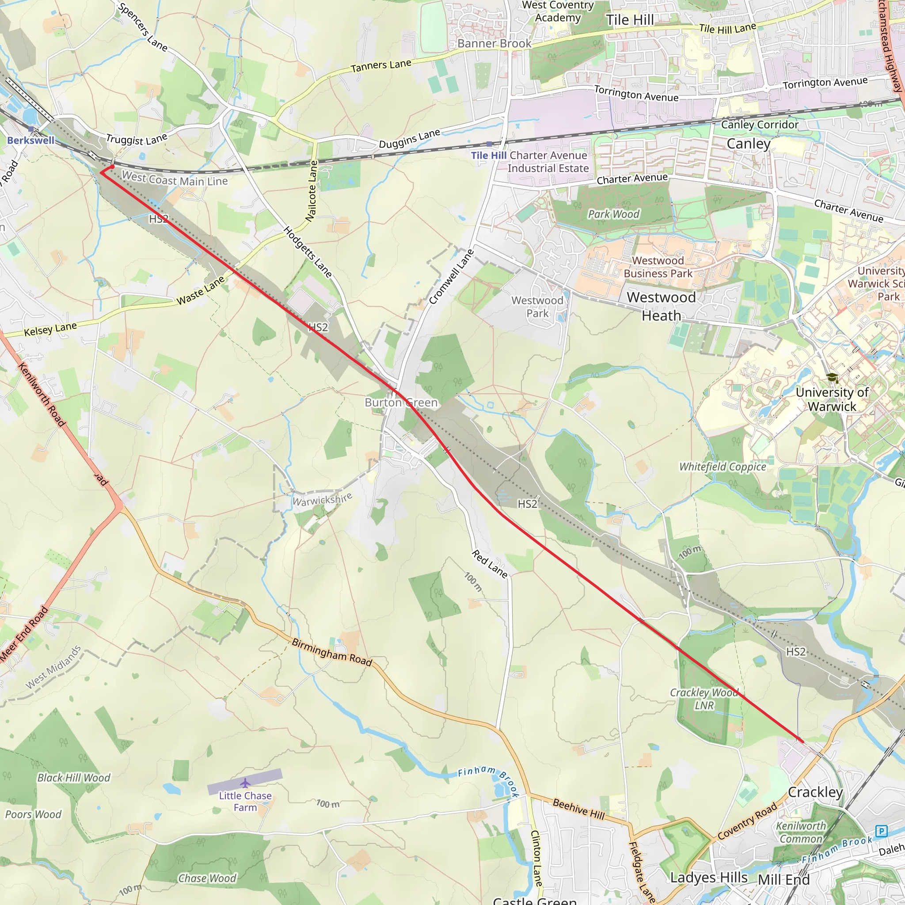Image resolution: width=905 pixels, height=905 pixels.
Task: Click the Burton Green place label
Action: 401,403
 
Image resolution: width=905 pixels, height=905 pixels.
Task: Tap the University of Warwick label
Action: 832,399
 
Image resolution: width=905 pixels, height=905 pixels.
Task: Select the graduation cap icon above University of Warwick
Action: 832,377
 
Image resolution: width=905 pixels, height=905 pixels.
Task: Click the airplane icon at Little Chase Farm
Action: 245,783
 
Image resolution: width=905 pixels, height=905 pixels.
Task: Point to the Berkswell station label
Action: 31,140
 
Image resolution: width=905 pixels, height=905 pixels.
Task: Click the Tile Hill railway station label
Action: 489,155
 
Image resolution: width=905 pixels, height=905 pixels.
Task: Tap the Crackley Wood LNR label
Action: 704,699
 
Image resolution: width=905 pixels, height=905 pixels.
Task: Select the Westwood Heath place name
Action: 661,306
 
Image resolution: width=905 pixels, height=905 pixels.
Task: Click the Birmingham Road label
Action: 332,652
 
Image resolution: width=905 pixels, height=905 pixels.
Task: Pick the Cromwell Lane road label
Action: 451,277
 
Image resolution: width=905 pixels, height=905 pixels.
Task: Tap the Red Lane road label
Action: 490,564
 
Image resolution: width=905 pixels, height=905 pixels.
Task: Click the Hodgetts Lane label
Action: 308,251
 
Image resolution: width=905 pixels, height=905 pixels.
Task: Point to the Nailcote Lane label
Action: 312,191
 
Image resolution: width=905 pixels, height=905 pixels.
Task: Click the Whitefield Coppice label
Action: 722,467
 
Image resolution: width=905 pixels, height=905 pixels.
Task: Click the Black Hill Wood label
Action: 73,778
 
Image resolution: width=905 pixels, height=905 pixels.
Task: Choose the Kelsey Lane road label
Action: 50,329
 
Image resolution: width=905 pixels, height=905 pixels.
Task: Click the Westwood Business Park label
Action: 658,267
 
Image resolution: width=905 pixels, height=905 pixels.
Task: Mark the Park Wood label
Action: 613,214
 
